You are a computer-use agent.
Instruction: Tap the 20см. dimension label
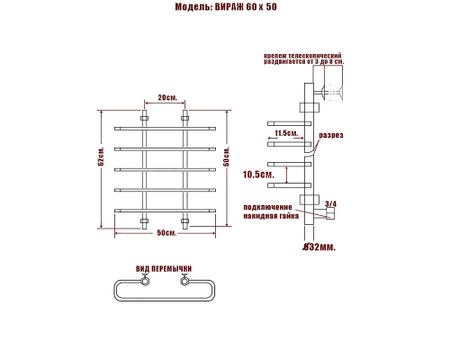point(166,96)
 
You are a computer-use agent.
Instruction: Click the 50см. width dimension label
point(166,233)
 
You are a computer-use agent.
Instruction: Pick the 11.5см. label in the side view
point(286,133)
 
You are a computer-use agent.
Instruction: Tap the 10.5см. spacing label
point(259,174)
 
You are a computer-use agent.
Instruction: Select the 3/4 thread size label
point(329,204)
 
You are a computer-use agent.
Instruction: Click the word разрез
point(331,135)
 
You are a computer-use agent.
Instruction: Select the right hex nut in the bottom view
point(185,283)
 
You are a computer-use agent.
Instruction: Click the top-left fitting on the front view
point(144,118)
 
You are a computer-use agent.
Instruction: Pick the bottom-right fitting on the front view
point(186,220)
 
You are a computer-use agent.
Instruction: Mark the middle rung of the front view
point(166,169)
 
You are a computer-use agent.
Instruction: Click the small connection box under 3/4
point(329,214)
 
